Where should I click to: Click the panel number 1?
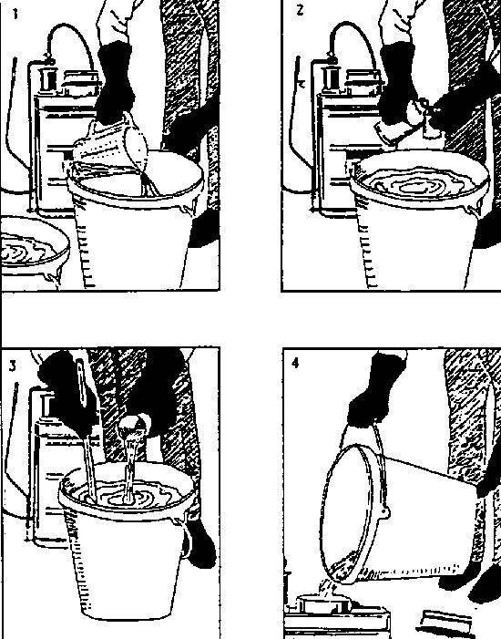15,15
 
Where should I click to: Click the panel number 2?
300,10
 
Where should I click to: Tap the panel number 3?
13,366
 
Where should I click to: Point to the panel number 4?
296,362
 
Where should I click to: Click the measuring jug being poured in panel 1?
112,147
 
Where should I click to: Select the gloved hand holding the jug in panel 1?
115,81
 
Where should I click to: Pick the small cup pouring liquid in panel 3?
135,428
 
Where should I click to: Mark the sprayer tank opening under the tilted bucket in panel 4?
322,603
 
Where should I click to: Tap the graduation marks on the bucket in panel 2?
369,249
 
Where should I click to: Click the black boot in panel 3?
199,542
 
